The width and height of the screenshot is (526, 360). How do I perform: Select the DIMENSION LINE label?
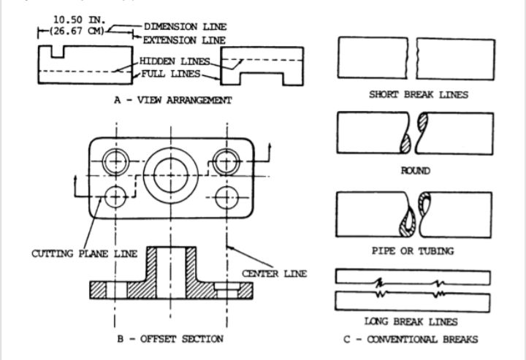[x=180, y=27]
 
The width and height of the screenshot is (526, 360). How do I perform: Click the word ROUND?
[x=413, y=172]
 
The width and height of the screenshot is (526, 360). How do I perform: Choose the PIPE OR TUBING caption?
[x=413, y=250]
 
